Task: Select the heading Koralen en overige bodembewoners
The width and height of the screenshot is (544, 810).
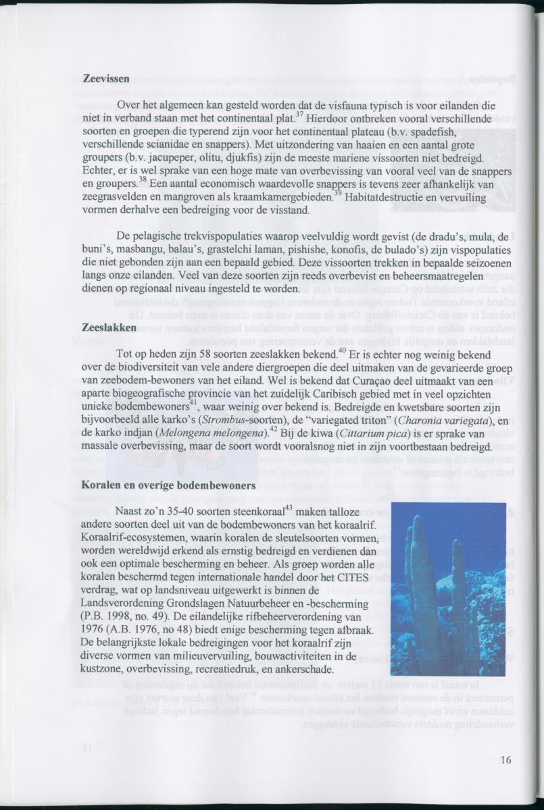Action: tap(168, 485)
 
